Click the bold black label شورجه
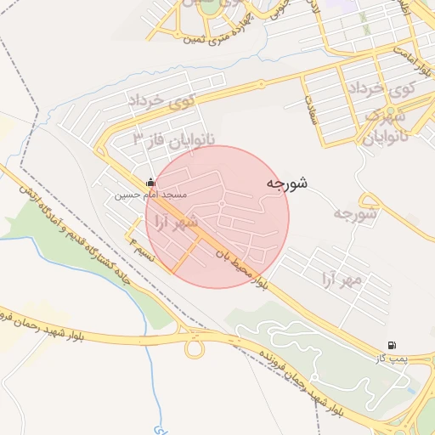286,184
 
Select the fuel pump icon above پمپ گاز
391,346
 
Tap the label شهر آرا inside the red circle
173,223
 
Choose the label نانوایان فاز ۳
175,138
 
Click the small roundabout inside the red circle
221,204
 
